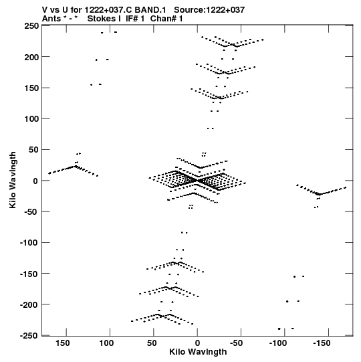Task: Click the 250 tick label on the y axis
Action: pos(31,25)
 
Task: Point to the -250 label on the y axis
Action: pos(29,336)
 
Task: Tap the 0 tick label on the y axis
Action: pos(35,181)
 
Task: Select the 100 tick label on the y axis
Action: pos(31,119)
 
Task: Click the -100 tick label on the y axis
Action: pos(29,243)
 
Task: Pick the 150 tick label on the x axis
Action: pos(62,343)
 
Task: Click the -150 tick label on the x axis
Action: pos(322,343)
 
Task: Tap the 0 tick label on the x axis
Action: pos(197,343)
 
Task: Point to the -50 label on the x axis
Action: pos(237,343)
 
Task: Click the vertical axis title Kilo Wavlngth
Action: pos(13,180)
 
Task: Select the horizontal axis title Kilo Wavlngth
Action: pos(198,352)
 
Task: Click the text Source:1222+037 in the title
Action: pos(209,10)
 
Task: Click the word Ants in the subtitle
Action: pos(51,19)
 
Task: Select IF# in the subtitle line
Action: pos(132,19)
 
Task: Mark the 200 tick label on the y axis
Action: pos(31,57)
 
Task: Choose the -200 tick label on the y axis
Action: pos(29,305)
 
